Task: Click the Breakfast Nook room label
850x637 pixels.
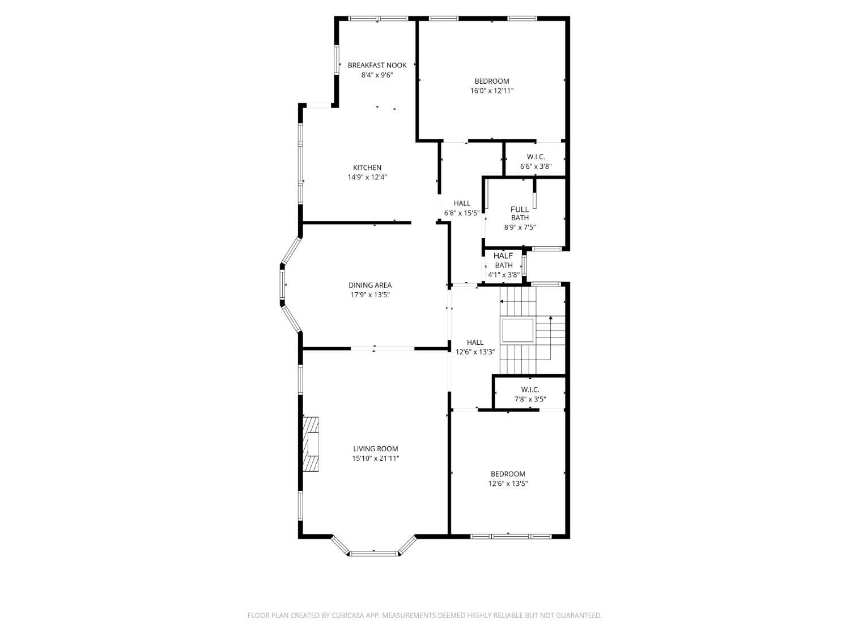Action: (377, 65)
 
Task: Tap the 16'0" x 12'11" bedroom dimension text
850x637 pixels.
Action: (492, 91)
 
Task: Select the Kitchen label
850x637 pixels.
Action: (367, 168)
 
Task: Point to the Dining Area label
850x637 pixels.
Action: (370, 285)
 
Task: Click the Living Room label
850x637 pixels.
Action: (376, 449)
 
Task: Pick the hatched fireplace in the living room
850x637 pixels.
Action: (311, 444)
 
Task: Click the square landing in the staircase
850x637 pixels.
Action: (518, 331)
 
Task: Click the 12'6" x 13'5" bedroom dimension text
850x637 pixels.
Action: (508, 484)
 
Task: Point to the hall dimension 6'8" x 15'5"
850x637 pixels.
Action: (462, 213)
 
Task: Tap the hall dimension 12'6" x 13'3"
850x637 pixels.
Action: (475, 352)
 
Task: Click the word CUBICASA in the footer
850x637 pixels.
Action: (347, 615)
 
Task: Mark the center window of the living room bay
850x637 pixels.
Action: (374, 553)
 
